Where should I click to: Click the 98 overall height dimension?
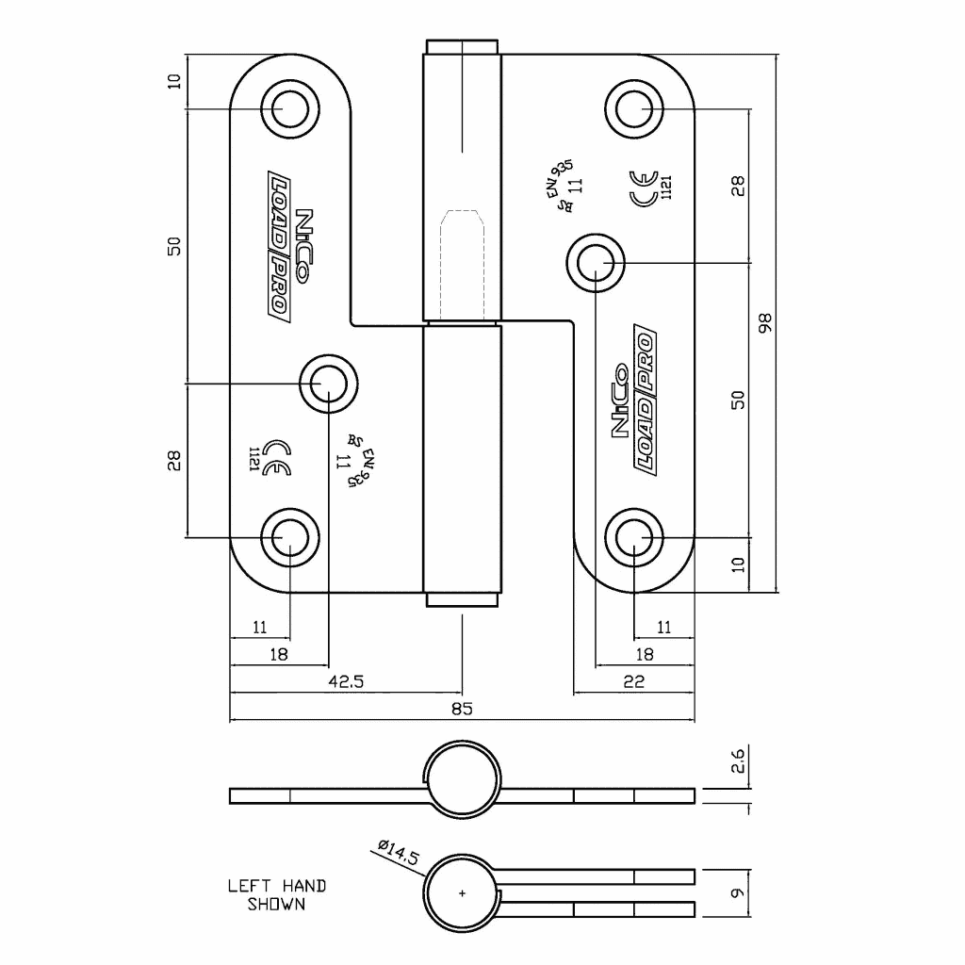765,322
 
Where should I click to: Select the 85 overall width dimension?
462,709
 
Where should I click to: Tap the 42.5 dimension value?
346,682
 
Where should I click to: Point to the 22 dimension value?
634,682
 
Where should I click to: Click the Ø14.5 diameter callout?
397,853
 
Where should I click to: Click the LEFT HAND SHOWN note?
277,894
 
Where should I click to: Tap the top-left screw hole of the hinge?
289,109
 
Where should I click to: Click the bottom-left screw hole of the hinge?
289,537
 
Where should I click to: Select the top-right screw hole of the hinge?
635,108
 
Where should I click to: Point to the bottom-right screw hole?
635,538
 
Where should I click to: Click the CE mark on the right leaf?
646,188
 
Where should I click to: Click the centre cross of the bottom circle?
462,892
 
